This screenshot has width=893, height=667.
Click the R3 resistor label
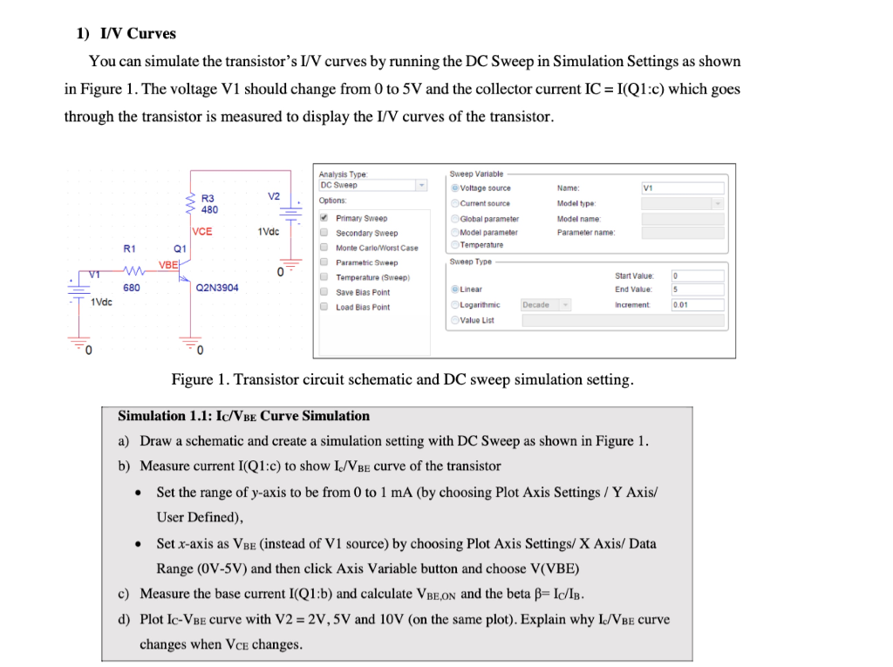(x=207, y=198)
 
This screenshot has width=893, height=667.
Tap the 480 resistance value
(x=209, y=210)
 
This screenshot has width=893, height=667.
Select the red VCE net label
(x=201, y=231)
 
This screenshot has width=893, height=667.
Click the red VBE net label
(x=168, y=264)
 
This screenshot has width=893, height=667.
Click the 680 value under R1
(x=132, y=288)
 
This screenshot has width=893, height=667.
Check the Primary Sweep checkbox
(x=324, y=218)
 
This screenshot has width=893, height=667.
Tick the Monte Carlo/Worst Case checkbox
(x=324, y=248)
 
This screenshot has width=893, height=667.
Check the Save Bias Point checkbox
(x=324, y=292)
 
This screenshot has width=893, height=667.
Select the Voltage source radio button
(x=455, y=188)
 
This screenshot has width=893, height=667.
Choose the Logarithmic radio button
(x=455, y=304)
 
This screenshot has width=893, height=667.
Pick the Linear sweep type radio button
(x=455, y=289)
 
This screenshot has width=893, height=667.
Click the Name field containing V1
(x=683, y=187)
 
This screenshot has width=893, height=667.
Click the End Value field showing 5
(x=697, y=289)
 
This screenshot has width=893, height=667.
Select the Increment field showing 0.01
(x=697, y=304)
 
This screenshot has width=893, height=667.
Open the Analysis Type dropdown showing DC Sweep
(x=373, y=185)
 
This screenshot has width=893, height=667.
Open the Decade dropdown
(x=546, y=304)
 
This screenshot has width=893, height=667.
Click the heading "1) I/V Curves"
(x=126, y=34)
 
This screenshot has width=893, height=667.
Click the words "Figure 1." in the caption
(x=199, y=380)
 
